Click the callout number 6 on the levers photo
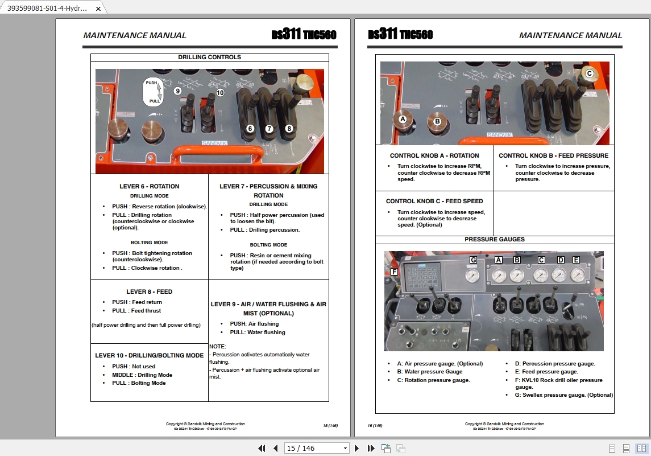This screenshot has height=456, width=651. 250,129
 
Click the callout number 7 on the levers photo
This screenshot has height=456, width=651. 269,129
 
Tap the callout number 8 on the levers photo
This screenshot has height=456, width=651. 289,129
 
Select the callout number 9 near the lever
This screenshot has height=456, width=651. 177,91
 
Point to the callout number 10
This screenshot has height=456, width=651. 220,92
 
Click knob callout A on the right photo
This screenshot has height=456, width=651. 403,120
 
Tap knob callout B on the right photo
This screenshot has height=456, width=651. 437,121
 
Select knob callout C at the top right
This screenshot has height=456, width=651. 590,73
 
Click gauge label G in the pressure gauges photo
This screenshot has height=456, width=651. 473,260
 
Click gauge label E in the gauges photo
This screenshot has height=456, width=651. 576,260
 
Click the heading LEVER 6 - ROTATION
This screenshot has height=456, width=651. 149,186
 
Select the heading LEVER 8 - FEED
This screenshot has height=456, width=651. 149,291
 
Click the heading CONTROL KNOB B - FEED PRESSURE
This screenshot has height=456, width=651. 553,155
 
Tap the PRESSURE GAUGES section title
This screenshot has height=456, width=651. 494,239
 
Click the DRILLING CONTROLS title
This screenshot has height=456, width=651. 209,57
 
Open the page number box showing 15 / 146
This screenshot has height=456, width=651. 317,448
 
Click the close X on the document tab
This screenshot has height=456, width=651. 98,9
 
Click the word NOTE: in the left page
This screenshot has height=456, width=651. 218,346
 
